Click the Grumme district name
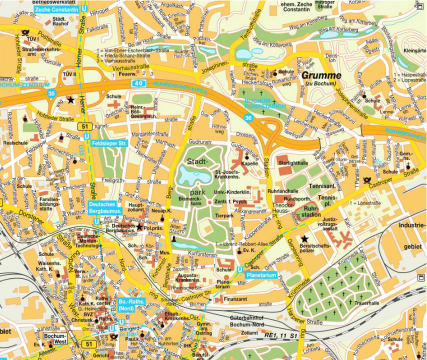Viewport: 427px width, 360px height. point(321,76)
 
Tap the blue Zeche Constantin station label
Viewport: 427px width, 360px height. point(56,9)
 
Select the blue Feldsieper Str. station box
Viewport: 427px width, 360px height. point(110,143)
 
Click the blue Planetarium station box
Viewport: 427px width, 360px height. point(261,274)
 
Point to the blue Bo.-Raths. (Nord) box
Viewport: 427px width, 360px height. point(131,305)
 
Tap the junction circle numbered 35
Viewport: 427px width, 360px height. point(50,93)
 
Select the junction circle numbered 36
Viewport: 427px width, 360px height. point(248,118)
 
